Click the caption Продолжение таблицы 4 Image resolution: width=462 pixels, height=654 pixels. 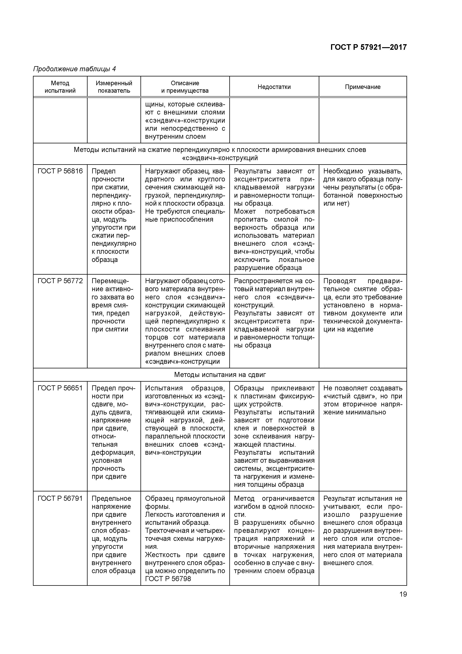(x=75, y=69)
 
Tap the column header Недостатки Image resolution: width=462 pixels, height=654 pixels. (x=274, y=87)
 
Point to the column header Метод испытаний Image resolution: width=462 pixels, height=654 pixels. (x=60, y=87)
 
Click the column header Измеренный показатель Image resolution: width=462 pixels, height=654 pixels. (x=114, y=87)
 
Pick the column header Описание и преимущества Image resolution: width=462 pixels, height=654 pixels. (x=185, y=87)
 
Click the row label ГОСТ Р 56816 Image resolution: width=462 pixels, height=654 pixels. (x=60, y=171)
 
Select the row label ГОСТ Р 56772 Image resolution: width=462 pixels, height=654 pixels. (x=60, y=281)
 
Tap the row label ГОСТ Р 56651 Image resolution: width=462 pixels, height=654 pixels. (x=60, y=388)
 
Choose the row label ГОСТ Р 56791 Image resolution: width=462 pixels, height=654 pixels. (x=60, y=499)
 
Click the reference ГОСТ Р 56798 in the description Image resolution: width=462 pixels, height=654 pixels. (x=168, y=579)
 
